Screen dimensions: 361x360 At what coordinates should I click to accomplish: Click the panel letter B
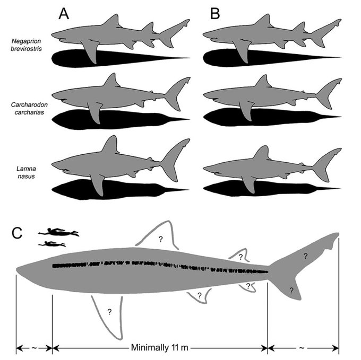coord(215,13)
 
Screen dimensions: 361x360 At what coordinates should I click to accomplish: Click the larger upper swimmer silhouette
coord(58,232)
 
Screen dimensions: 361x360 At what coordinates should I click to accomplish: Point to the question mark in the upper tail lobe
coord(305,256)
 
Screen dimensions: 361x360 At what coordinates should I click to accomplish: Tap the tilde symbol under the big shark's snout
coord(34,348)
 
